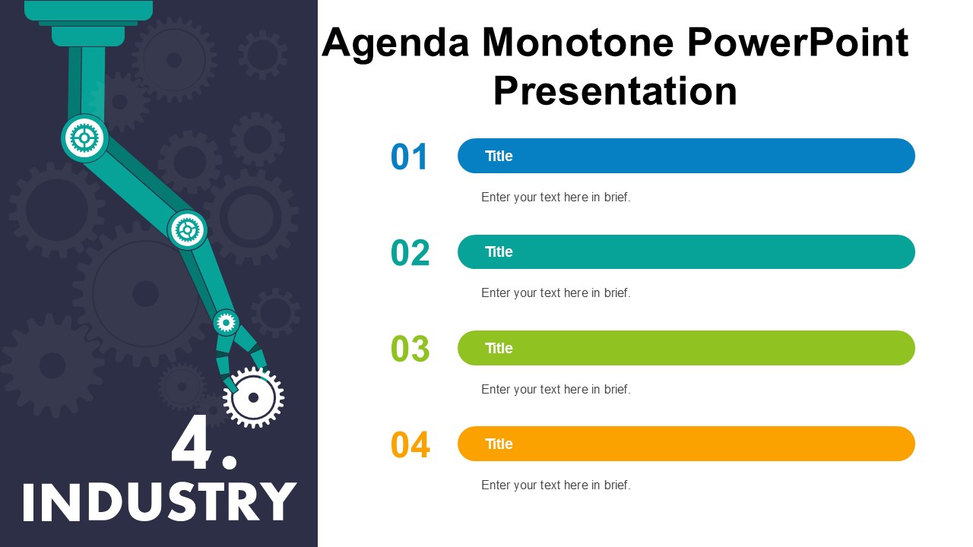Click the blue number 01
[409, 157]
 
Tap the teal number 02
[410, 252]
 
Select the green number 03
[410, 348]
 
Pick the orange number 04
[410, 444]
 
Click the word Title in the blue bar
[499, 156]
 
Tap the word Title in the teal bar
[499, 251]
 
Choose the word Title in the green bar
[499, 348]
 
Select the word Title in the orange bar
[499, 444]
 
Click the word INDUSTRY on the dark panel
[160, 501]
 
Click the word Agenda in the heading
[396, 44]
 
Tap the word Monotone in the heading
[578, 43]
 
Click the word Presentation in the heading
[615, 91]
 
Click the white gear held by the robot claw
[254, 397]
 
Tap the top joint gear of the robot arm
[84, 138]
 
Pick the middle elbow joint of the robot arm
[187, 229]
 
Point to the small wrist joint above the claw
[226, 323]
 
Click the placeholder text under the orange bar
[556, 485]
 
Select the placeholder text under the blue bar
[556, 197]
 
